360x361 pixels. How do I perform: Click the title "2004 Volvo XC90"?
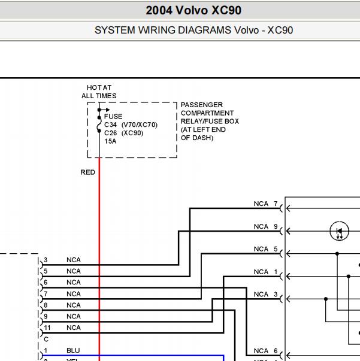click(193, 10)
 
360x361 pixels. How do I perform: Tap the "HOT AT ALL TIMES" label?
click(99, 92)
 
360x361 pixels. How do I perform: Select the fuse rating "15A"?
click(110, 141)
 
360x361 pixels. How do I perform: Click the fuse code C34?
click(111, 125)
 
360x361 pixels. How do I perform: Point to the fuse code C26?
click(111, 133)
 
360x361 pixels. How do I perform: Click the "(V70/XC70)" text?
click(140, 125)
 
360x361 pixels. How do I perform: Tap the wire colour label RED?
click(88, 172)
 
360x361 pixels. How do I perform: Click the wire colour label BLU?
click(73, 350)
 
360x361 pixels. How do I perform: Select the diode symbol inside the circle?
click(339, 231)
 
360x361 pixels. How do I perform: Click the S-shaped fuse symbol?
click(99, 125)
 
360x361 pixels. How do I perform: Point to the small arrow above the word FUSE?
click(104, 110)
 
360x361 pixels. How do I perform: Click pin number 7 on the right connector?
click(276, 204)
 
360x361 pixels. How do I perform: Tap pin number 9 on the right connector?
click(276, 226)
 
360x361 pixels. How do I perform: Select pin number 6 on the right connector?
click(276, 351)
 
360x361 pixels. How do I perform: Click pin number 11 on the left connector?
click(47, 327)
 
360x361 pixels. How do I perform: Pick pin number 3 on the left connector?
click(46, 260)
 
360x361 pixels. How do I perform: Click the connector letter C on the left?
click(46, 339)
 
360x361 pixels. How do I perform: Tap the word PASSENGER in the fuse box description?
click(202, 105)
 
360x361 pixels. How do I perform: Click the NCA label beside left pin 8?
click(74, 305)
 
